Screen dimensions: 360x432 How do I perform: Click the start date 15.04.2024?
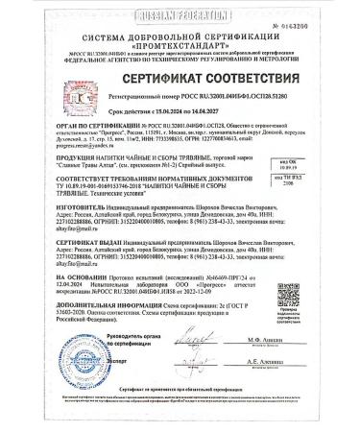pos(147,140)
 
